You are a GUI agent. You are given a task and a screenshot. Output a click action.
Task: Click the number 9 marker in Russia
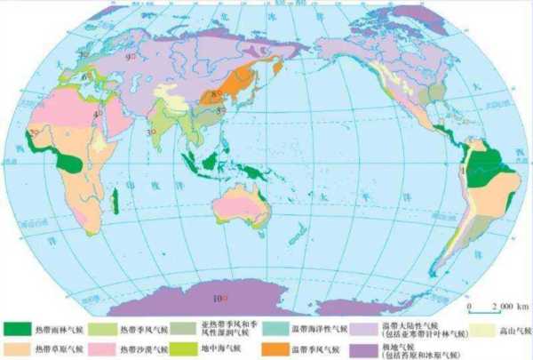pyautogui.click(x=131, y=58)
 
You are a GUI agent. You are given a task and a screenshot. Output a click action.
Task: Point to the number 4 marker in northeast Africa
pyautogui.click(x=98, y=114)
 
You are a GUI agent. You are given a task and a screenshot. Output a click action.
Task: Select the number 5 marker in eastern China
pyautogui.click(x=220, y=109)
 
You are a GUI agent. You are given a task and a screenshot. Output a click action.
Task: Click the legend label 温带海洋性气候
pyautogui.click(x=326, y=328)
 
